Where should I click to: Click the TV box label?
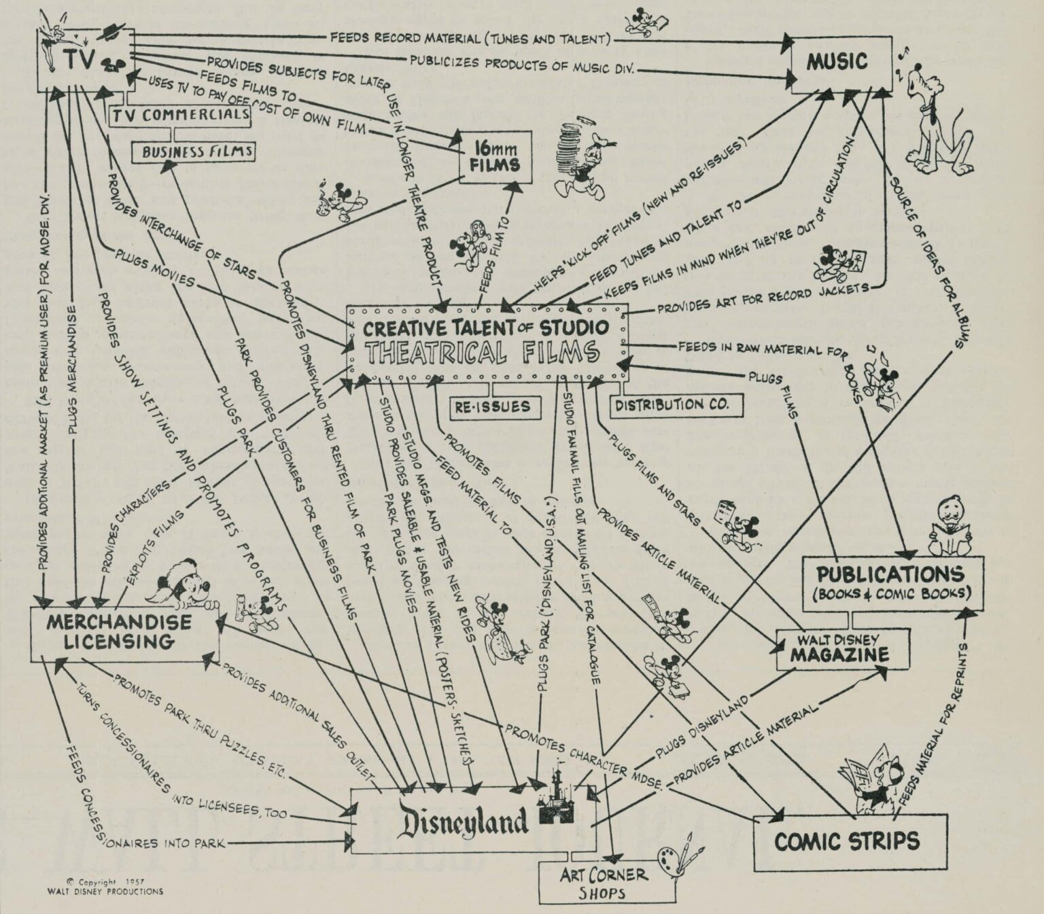tap(79, 59)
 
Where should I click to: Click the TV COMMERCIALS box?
tap(181, 114)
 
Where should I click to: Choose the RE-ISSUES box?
tap(493, 407)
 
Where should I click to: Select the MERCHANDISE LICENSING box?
tap(120, 632)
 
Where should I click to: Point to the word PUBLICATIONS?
tap(891, 574)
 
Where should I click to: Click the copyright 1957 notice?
tap(105, 887)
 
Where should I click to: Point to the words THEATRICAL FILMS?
tap(481, 353)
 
